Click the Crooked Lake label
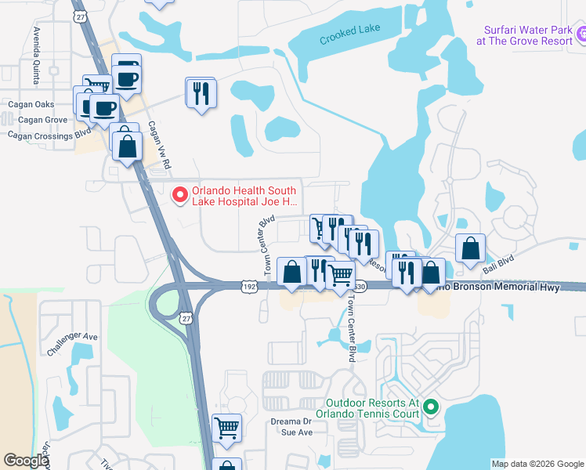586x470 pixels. (350, 34)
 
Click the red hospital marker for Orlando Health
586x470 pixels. (179, 193)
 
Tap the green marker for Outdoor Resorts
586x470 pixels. (432, 406)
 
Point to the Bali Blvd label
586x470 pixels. (497, 258)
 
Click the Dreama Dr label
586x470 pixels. (286, 421)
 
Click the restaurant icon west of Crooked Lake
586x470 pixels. (201, 92)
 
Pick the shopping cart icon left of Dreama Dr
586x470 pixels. (226, 428)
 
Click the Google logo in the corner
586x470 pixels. (26, 460)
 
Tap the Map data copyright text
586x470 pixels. (537, 464)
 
